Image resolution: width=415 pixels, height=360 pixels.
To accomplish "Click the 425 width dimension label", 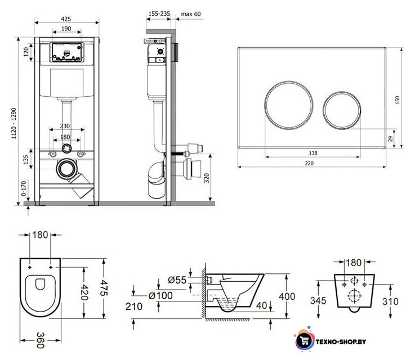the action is [x=66, y=19].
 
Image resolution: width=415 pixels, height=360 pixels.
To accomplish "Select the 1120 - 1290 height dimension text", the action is [x=14, y=123].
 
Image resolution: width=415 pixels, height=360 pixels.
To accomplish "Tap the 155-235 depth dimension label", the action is [x=159, y=13].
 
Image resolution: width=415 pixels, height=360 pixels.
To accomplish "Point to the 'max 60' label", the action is [x=191, y=13].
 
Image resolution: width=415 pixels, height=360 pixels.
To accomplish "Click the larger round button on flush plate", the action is [x=289, y=105].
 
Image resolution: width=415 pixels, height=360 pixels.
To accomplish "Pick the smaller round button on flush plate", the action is [x=342, y=110].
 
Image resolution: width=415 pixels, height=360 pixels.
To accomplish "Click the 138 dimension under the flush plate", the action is [x=313, y=153].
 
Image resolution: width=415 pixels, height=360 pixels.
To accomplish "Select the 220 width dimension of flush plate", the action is [x=309, y=163].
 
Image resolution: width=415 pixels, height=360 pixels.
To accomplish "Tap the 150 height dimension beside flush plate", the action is [x=398, y=100].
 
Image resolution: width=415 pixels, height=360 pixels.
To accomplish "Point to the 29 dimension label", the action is [x=390, y=138].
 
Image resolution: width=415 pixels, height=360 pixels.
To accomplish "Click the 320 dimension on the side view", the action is [x=207, y=178].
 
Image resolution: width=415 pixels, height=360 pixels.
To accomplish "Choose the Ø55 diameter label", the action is [x=177, y=280].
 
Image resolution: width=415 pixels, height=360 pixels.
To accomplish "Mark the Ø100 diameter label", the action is [x=160, y=295].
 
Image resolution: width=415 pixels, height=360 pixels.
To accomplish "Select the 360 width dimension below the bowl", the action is [x=40, y=340].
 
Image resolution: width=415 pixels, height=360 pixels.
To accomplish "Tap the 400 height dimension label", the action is [x=287, y=296].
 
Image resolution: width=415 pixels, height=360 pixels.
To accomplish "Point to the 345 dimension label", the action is [x=318, y=300].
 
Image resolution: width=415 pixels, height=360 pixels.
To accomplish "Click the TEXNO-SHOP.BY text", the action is [x=341, y=341].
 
